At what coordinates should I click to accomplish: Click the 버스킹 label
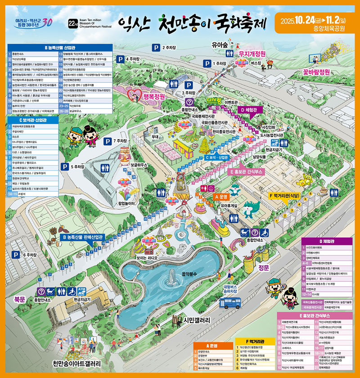click(256, 63)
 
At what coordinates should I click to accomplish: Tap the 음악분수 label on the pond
click(189, 274)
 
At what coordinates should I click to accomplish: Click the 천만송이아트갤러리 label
click(76, 363)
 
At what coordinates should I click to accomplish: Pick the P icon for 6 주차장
click(14, 255)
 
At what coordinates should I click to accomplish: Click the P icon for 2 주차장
click(155, 46)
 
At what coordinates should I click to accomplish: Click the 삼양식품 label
click(262, 157)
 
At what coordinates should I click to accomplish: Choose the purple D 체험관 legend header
click(327, 241)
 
